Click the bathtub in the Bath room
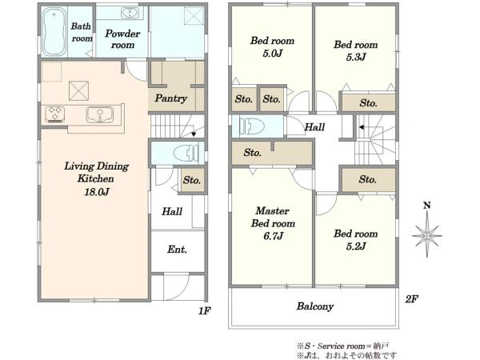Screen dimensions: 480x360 pos(54,32)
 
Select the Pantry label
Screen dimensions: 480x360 pos(171,98)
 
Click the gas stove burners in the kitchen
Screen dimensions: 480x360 pos(54,114)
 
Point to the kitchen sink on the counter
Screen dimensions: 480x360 pos(100,114)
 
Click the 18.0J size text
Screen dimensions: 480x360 pos(97,192)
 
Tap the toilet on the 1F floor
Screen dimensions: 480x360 pos(186,153)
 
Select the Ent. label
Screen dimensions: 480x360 pos(177,250)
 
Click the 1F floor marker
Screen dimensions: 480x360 pos(205,311)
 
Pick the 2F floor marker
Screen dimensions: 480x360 pos(412,298)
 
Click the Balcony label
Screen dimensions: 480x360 pos(315,306)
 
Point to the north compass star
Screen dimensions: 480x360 pos(427,235)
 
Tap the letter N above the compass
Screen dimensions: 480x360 pos(427,206)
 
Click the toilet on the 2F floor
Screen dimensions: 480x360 pos(252,126)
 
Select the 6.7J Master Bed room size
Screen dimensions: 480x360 pos(273,236)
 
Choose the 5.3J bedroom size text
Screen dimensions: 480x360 pos(356,58)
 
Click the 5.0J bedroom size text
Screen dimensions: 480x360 pos(273,54)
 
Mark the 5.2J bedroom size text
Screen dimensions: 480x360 pos(356,246)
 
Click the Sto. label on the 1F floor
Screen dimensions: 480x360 pos(192,180)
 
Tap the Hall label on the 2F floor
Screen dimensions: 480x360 pos(314,126)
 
